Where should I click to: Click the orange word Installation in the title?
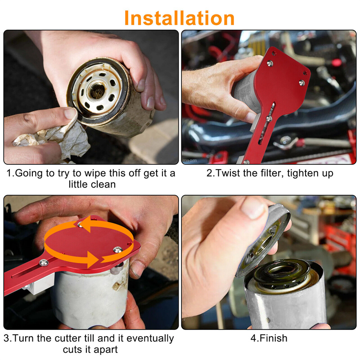(179, 18)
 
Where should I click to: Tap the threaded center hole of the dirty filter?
(97, 91)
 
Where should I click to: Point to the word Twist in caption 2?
(228, 173)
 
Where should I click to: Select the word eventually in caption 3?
(150, 339)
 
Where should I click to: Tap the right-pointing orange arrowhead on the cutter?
(93, 260)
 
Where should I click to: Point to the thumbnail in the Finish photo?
(253, 208)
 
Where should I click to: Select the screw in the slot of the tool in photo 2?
(269, 118)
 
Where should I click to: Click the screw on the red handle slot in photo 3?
(43, 262)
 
